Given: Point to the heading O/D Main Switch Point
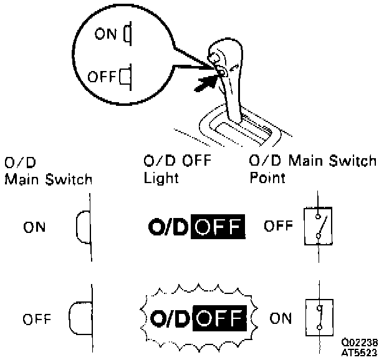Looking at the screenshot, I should (x=312, y=169).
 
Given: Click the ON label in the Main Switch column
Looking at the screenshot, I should (x=35, y=227).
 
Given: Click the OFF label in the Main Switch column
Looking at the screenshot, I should (x=36, y=320).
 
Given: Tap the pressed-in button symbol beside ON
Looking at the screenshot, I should (x=84, y=226).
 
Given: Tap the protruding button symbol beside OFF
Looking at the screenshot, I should (x=79, y=318).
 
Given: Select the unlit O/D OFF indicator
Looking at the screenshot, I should (x=196, y=227).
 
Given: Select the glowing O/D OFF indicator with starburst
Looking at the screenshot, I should (x=197, y=319).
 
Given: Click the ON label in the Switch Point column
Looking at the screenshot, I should (x=282, y=319).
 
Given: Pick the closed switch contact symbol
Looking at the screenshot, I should (x=319, y=319).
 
